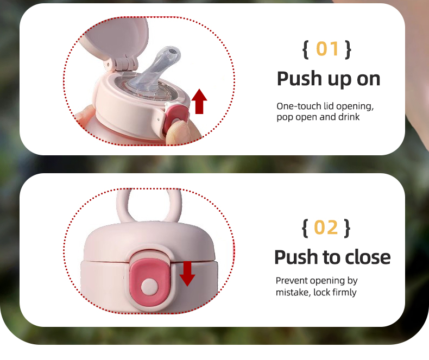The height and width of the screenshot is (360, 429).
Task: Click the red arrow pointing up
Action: click(x=199, y=102)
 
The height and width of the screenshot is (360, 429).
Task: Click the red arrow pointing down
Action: click(x=187, y=274)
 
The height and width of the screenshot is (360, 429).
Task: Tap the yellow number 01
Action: click(x=327, y=49)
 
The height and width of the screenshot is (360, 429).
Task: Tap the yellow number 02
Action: click(x=326, y=228)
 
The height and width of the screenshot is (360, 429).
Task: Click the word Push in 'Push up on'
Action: click(x=300, y=79)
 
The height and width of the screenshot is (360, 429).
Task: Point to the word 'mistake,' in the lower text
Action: click(x=293, y=293)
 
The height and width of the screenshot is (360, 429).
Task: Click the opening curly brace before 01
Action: click(x=306, y=49)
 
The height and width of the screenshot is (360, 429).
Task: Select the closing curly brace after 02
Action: click(x=347, y=228)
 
